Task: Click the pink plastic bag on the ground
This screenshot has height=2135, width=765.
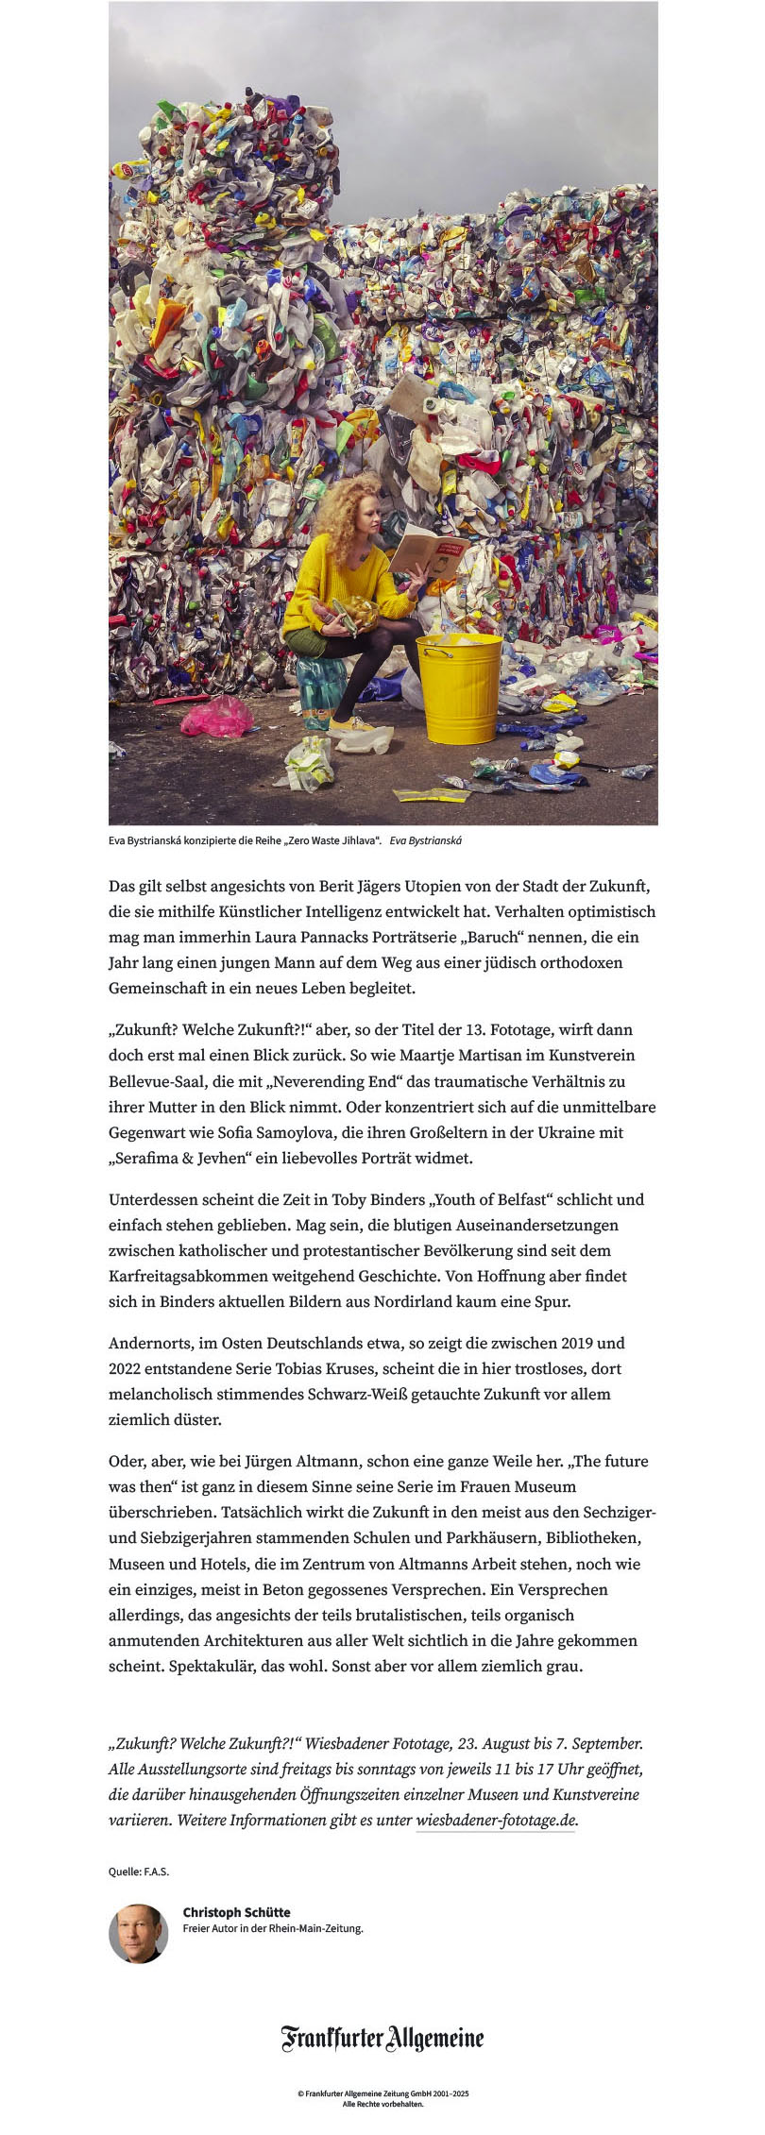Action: tap(216, 717)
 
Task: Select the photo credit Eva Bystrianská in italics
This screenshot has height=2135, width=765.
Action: tap(426, 840)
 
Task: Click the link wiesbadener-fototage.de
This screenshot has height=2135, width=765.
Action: tap(496, 1820)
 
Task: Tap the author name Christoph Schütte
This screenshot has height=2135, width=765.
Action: tap(236, 1912)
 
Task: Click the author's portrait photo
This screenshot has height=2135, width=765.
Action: tap(139, 1933)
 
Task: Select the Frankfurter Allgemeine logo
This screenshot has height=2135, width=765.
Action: tap(382, 2039)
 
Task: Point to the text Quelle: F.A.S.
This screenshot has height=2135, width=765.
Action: tap(139, 1871)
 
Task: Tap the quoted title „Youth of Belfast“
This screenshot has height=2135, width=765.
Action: tap(490, 1199)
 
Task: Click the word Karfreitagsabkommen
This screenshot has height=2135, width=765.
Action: tap(182, 1276)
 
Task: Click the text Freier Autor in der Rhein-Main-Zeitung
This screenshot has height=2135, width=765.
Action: tap(273, 1928)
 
